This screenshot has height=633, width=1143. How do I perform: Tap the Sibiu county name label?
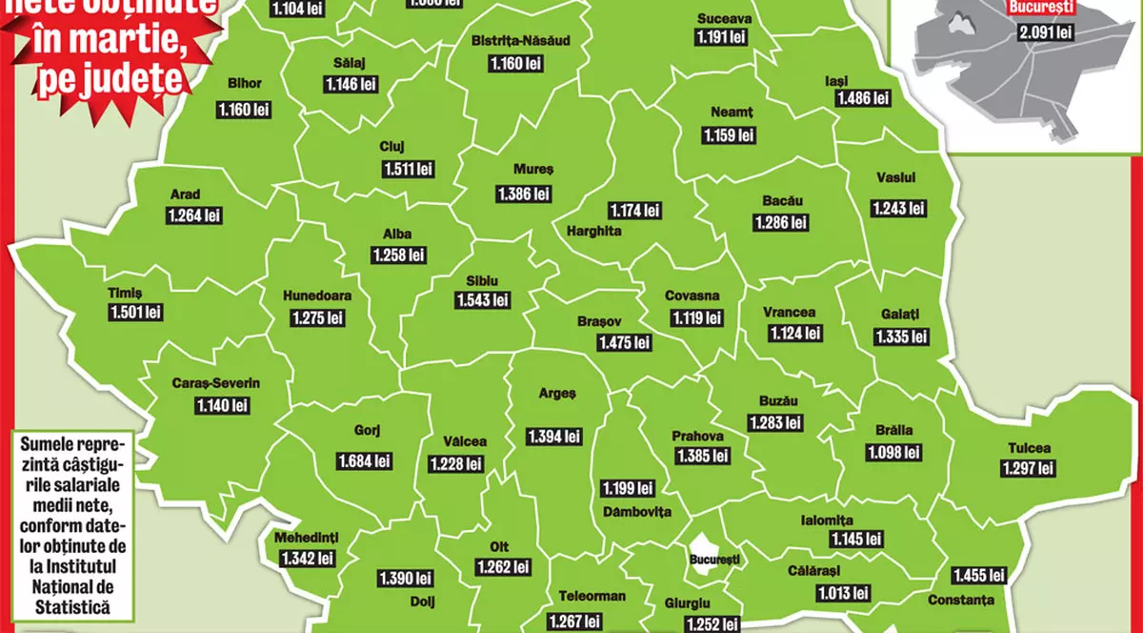click(482, 281)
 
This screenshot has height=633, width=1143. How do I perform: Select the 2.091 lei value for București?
click(1046, 33)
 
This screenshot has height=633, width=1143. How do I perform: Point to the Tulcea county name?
click(1029, 448)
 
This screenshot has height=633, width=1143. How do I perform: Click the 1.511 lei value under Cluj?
click(409, 169)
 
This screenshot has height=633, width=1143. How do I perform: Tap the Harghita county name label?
click(593, 231)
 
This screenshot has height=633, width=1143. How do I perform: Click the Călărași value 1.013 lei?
click(843, 593)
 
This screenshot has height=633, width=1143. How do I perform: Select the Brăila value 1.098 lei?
click(894, 453)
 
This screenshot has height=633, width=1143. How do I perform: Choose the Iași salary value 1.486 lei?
click(863, 98)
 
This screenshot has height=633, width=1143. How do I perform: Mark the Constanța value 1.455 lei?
click(978, 575)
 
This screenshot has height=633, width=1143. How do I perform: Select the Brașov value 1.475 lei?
click(625, 342)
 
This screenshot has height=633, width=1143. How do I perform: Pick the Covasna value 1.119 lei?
click(697, 318)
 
